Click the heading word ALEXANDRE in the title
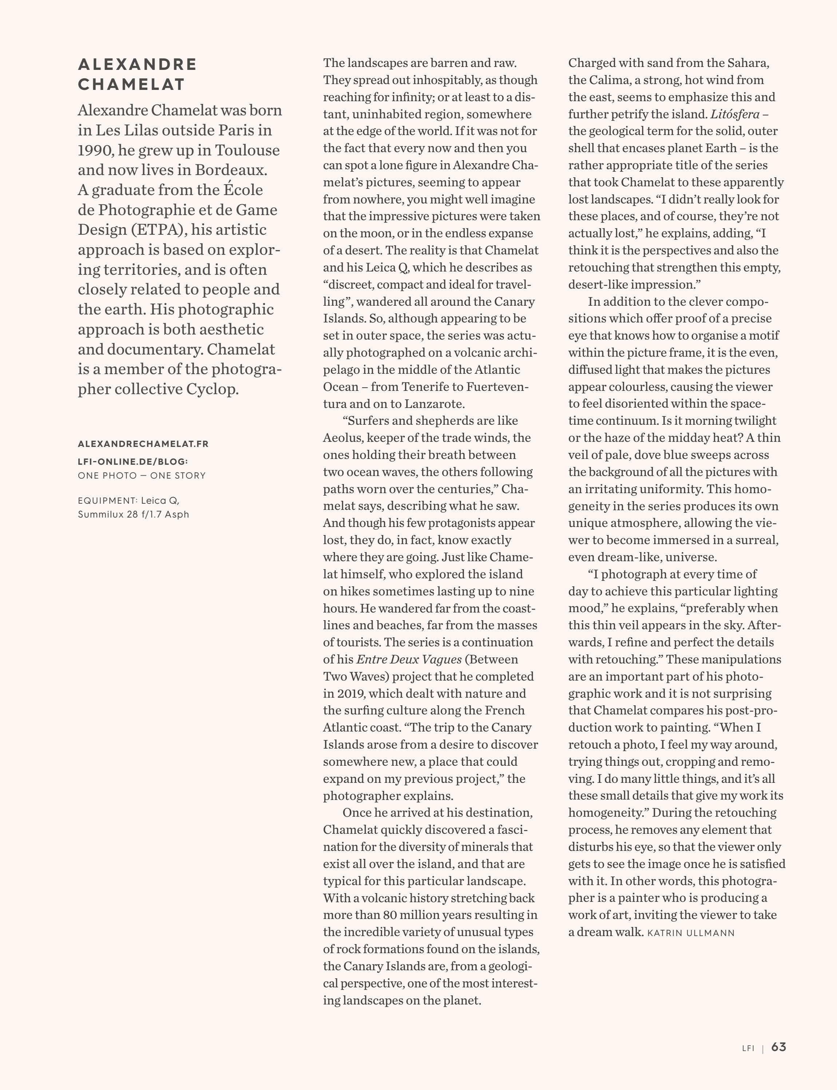[138, 64]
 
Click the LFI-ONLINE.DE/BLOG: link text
[133, 461]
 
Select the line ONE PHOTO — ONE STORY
[142, 476]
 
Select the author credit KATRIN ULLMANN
[691, 933]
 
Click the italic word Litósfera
[735, 114]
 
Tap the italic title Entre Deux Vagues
[409, 659]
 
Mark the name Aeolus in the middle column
[343, 438]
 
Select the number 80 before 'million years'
[390, 915]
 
